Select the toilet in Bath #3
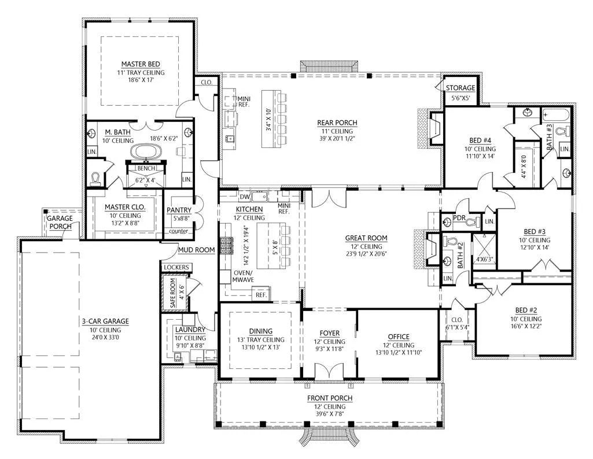click(563, 131)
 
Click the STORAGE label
click(461, 88)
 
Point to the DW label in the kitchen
click(245, 197)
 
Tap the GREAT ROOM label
click(366, 238)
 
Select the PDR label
click(459, 218)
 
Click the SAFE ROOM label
click(173, 293)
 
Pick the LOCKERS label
click(176, 267)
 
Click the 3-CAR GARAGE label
click(105, 321)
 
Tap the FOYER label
click(329, 333)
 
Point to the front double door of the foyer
click(329, 371)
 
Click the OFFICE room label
click(399, 336)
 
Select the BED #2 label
click(526, 310)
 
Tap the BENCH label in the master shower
click(146, 168)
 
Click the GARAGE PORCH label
click(60, 222)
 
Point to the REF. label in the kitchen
click(261, 295)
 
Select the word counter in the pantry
click(179, 231)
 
